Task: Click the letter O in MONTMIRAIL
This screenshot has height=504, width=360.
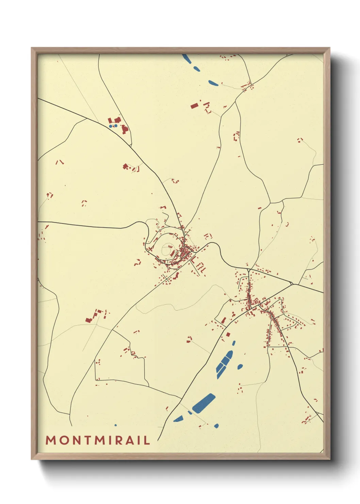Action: click(x=63, y=440)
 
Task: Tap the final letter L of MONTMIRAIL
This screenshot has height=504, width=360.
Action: click(x=147, y=440)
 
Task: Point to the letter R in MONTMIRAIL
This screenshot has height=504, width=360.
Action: click(x=118, y=440)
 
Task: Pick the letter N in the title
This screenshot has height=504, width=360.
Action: click(x=75, y=440)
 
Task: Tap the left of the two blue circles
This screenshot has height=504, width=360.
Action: click(x=111, y=126)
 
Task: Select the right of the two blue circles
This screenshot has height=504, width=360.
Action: click(x=116, y=126)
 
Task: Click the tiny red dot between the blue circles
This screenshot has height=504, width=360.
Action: click(x=113, y=126)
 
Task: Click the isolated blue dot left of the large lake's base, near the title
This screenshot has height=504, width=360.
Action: click(x=115, y=425)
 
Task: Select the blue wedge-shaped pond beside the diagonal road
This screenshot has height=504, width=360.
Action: click(x=178, y=419)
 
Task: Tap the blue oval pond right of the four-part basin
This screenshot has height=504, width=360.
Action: click(x=240, y=366)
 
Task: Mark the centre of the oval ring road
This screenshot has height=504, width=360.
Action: click(x=167, y=250)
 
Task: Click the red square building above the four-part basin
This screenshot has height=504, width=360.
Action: click(x=228, y=335)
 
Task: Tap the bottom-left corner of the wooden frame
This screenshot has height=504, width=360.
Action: click(x=32, y=459)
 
